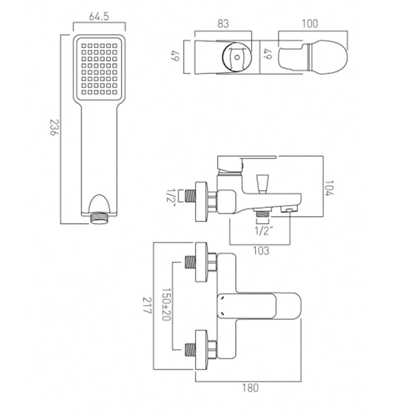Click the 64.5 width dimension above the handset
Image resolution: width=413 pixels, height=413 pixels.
[99, 17]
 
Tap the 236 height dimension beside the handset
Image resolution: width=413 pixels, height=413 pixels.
[55, 130]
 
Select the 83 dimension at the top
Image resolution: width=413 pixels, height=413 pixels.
[223, 24]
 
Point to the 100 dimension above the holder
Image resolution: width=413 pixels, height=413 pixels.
[309, 24]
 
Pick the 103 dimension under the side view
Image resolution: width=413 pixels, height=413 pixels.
[260, 250]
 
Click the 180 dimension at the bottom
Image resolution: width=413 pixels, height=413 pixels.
[250, 388]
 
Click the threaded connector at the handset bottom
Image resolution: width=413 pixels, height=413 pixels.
[99, 218]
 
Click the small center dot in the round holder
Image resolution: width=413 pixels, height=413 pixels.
[236, 57]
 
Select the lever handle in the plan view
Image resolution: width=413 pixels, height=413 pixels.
[258, 306]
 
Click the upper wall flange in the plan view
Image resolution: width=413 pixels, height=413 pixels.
[201, 263]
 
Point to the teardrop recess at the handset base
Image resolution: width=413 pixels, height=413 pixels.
[99, 204]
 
